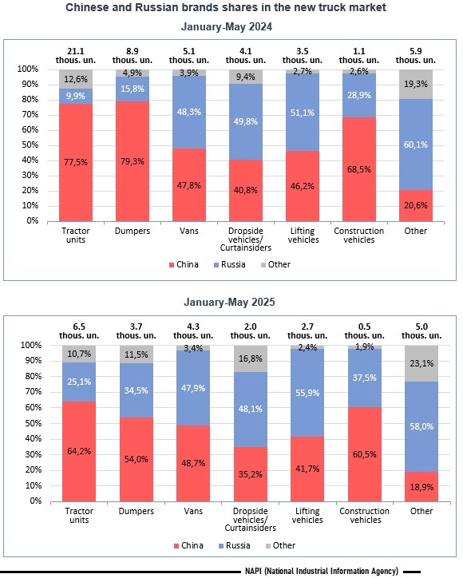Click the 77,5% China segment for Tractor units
pos(76,162)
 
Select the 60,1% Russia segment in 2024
pos(415,144)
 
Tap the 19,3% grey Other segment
pos(415,84)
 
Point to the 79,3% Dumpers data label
pos(133,161)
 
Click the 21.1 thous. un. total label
pos(76,56)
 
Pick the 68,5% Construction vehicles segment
pos(359,169)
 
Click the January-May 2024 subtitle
pos(227,27)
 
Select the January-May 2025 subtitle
pos(229,303)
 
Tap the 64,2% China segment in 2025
pos(79,451)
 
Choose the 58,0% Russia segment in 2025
pos(421,426)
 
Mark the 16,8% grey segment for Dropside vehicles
pos(251,358)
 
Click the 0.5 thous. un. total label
pos(364,331)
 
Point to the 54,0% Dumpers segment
pos(136,459)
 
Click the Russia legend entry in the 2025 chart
pos(234,545)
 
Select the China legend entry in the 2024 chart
pos(184,265)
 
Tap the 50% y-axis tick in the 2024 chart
pos(30,144)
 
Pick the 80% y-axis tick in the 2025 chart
pos(34,376)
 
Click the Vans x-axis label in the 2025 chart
pos(193,511)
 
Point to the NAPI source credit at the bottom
pos(322,571)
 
